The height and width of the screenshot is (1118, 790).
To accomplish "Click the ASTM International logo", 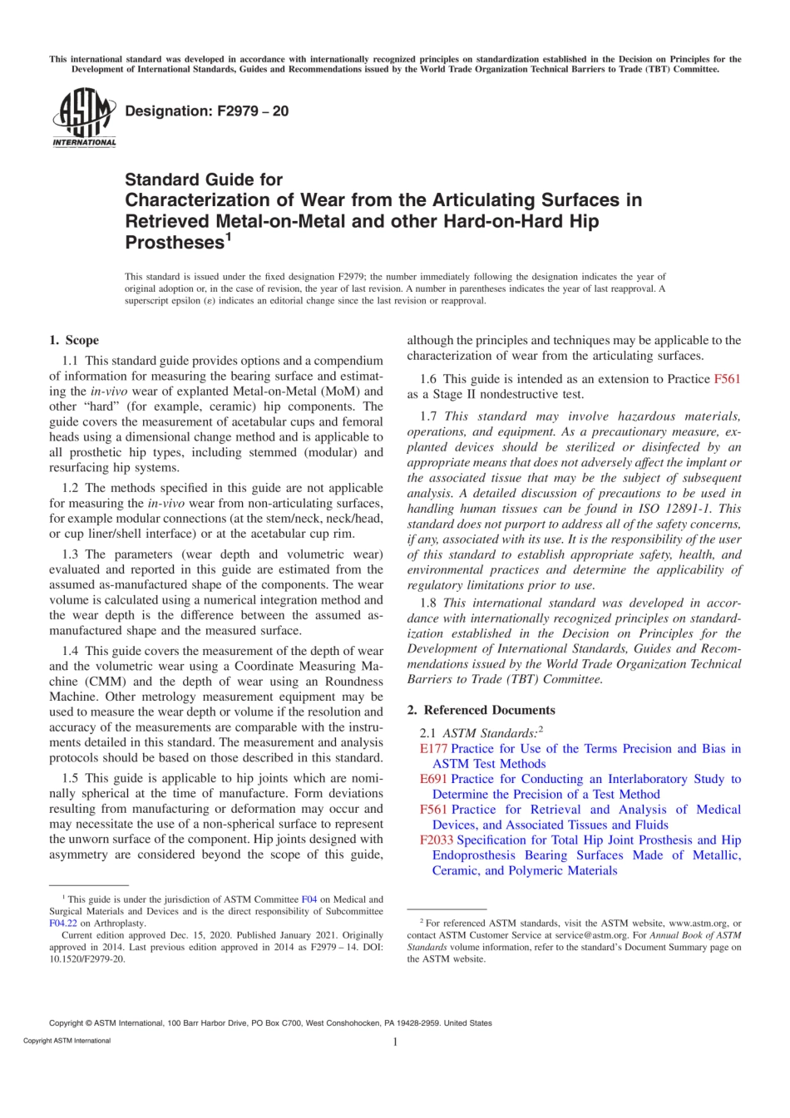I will [x=84, y=118].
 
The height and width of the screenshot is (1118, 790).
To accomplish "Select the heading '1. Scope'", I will [x=74, y=340].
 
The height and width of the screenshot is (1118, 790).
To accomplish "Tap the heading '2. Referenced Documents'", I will [x=481, y=710].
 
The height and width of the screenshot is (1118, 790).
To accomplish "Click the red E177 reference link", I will [x=433, y=749].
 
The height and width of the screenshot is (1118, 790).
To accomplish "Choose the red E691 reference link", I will [x=433, y=779].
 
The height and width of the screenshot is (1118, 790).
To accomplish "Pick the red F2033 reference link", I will [x=437, y=840].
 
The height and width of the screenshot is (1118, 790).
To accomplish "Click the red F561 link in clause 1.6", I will [x=727, y=379].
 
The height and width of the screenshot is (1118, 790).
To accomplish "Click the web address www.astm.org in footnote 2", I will [x=698, y=923].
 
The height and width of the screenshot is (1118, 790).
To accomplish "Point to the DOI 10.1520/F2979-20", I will [x=87, y=959].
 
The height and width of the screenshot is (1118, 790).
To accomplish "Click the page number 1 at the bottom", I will [x=395, y=1042].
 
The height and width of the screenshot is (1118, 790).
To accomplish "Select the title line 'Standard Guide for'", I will [x=204, y=180].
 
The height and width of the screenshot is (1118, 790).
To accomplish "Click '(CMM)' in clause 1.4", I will [x=107, y=682].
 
